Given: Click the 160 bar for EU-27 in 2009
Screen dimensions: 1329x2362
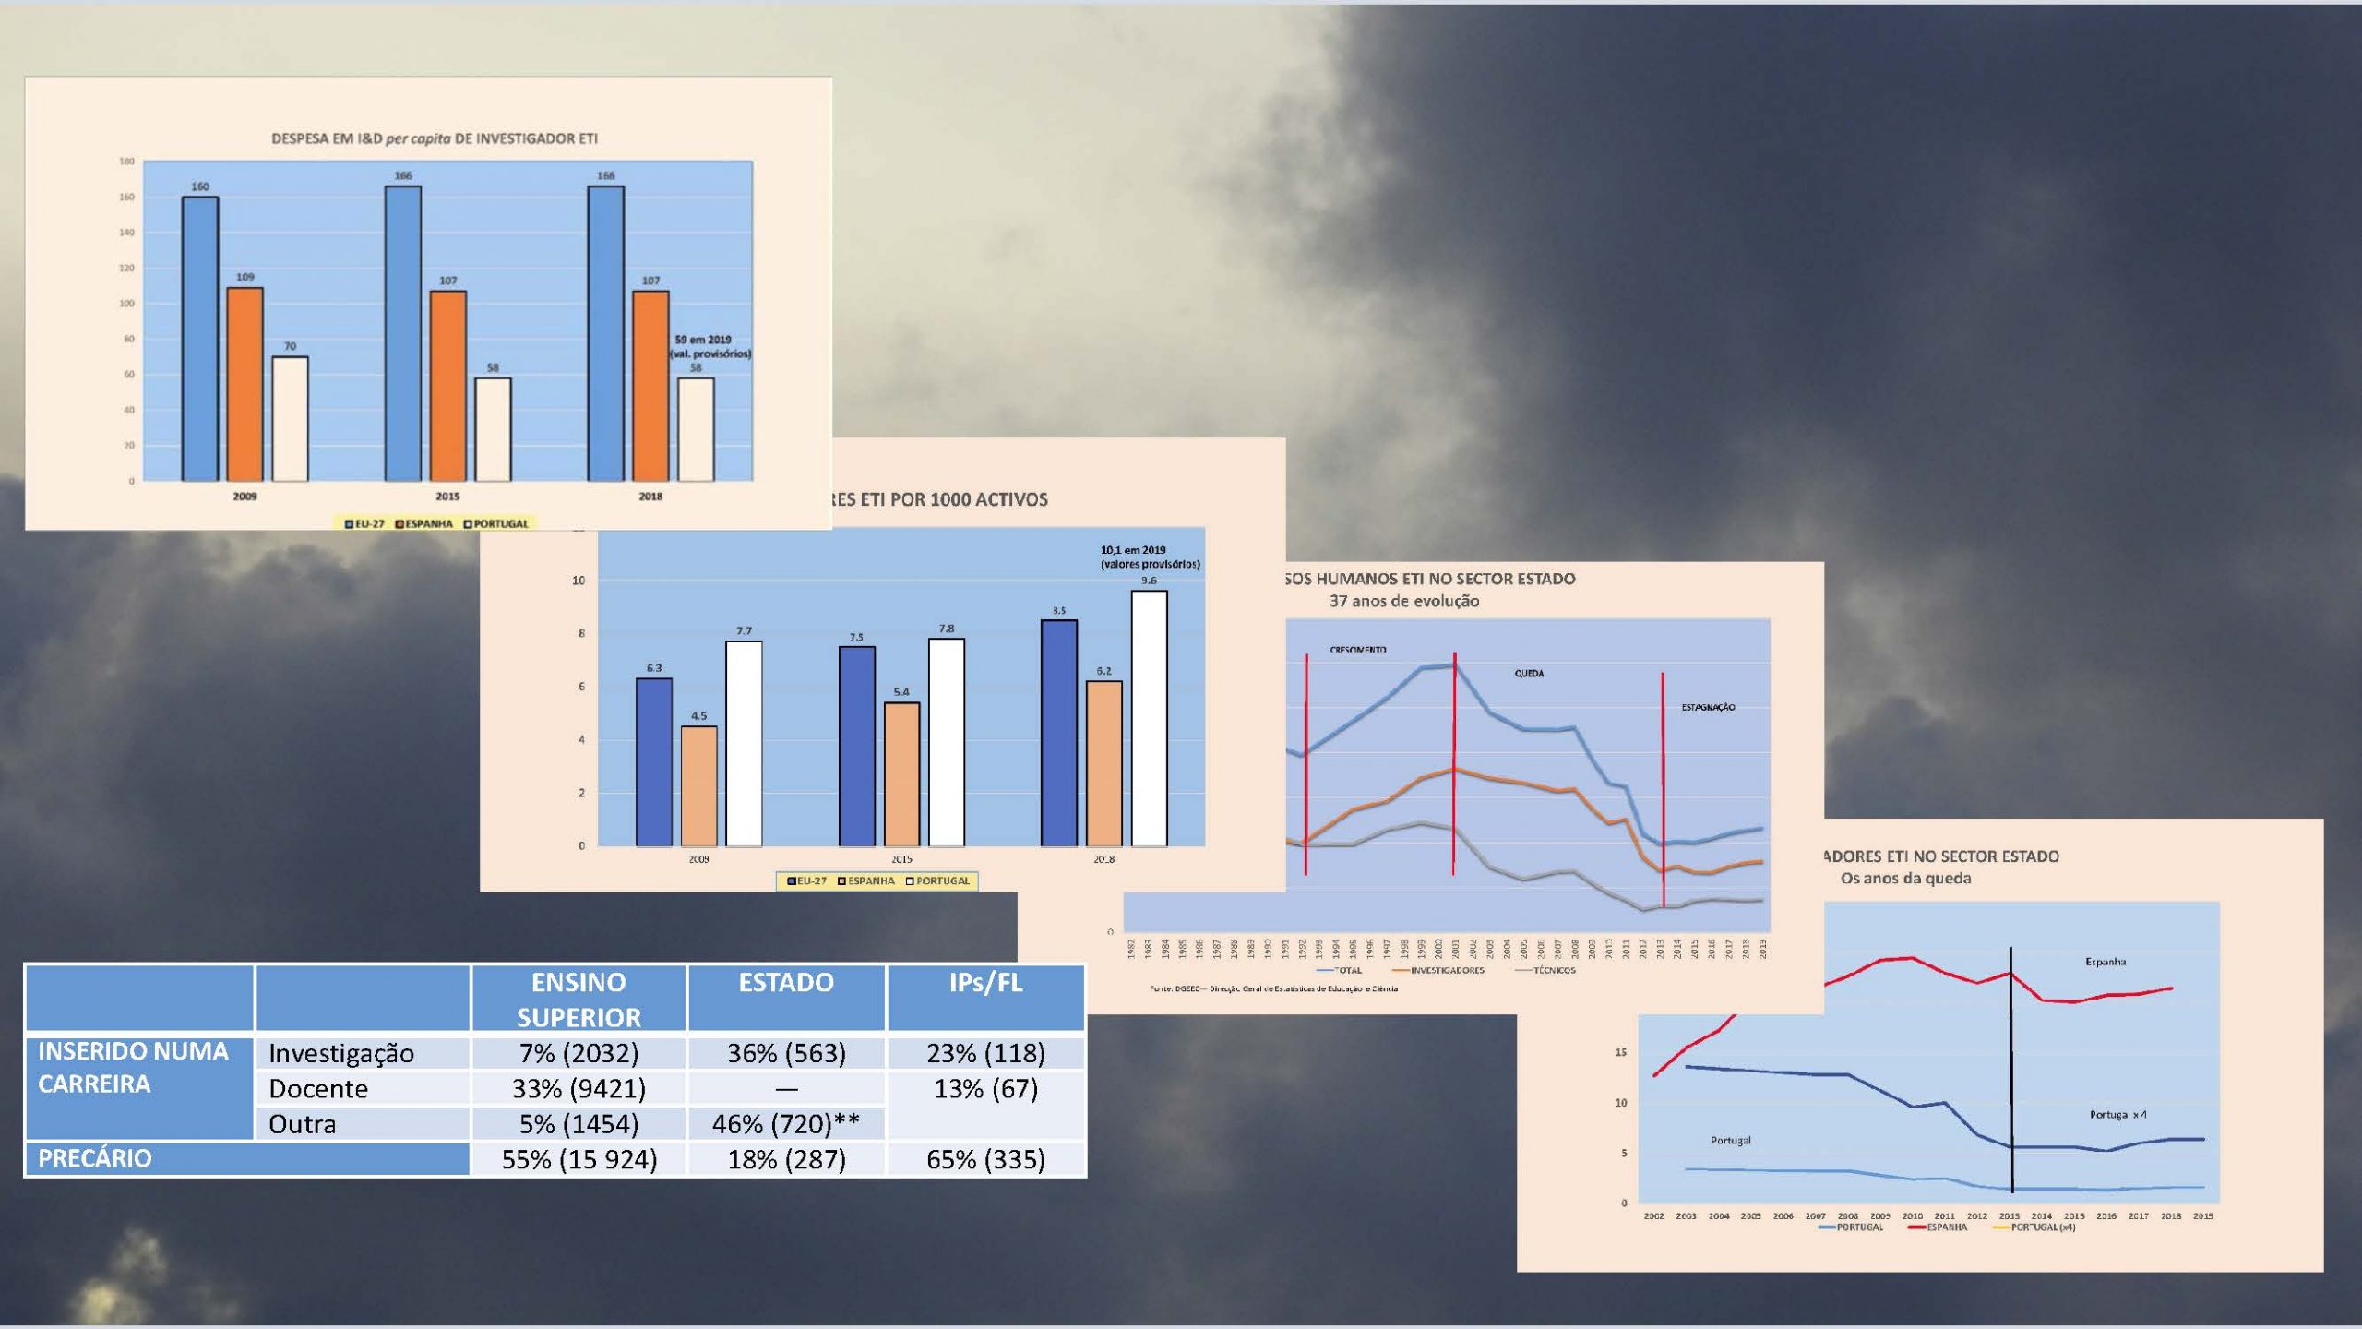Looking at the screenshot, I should tap(200, 338).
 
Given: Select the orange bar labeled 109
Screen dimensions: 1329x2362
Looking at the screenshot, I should tap(245, 384).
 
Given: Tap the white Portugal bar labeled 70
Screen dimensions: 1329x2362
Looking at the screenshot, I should tap(290, 418).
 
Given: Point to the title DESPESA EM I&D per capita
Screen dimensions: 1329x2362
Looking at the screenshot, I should tap(434, 138).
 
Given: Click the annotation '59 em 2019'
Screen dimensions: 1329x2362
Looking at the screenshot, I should tap(703, 340).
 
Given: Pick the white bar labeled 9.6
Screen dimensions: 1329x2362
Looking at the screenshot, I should tap(1149, 718).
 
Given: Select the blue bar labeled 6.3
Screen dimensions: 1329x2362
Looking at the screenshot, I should tap(654, 761).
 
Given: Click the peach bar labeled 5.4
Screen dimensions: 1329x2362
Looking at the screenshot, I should tap(901, 773).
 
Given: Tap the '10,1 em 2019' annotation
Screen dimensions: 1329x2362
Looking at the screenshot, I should tap(1133, 550).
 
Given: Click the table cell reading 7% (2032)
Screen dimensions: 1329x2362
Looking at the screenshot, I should tap(579, 1053).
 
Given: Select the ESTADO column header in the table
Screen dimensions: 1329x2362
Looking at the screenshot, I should tap(785, 984).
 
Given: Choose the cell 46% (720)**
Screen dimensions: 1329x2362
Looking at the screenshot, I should tap(785, 1124).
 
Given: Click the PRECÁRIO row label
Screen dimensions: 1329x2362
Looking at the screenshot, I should tap(95, 1159).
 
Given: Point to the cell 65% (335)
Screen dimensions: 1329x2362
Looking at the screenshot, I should tap(985, 1159).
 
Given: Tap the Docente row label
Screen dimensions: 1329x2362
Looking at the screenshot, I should tap(318, 1089).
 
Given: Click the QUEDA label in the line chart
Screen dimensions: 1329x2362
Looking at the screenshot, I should tap(1529, 674).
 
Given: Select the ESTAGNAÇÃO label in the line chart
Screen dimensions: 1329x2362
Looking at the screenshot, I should tap(1708, 708).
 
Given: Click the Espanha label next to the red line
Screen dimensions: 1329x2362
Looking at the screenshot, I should tap(2105, 962).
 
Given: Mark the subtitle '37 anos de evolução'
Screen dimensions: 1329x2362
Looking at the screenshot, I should tap(1403, 602).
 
